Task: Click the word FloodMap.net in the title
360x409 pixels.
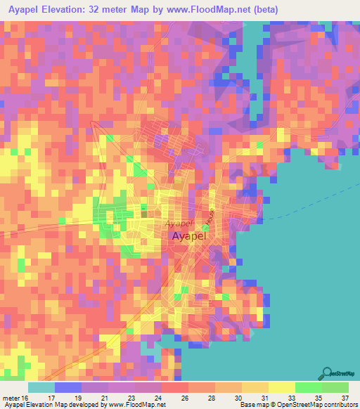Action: [221, 10]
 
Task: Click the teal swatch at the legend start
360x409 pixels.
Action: [41, 387]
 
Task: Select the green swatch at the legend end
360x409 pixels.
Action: [335, 387]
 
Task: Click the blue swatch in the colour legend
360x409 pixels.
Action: [68, 387]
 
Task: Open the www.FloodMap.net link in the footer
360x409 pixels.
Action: [134, 404]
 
